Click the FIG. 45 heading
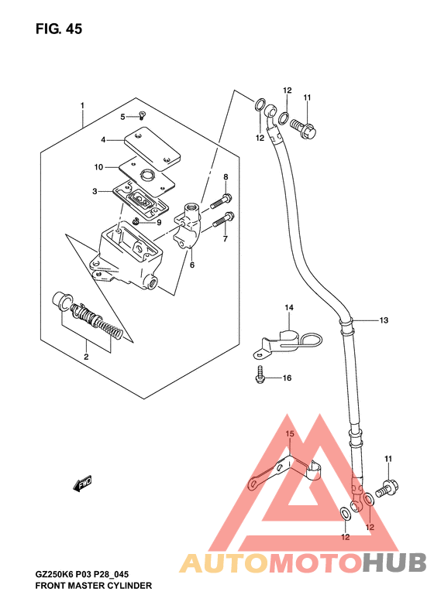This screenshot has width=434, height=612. coord(59,29)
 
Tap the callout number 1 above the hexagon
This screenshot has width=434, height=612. coord(82,106)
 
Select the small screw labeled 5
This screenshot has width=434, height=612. coord(143,115)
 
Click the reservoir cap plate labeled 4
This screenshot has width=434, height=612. coord(153,149)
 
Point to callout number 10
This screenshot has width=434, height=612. coord(98,167)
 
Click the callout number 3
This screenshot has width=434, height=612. coord(95,191)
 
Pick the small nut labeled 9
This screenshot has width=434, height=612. coord(136,222)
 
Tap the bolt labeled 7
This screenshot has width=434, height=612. coord(224,220)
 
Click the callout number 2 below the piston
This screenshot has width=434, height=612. coord(86,357)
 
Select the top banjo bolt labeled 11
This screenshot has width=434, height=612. coord(303,127)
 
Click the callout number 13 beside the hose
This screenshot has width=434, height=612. coord(384,320)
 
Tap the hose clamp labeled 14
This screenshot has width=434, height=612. coord(288,342)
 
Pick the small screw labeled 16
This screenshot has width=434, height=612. coord(260,374)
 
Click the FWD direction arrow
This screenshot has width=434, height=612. coord(82,483)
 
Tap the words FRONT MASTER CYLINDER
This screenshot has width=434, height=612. coord(94,586)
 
